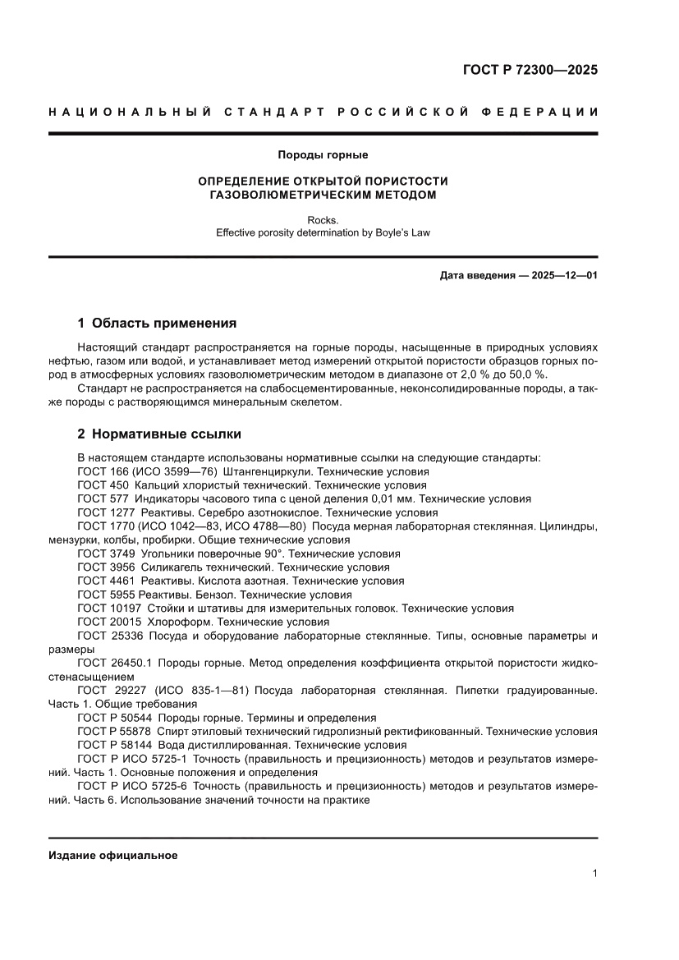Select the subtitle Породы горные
[323, 154]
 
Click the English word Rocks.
[323, 220]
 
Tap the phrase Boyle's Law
[401, 232]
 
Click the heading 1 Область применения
[157, 323]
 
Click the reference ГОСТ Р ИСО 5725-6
[133, 786]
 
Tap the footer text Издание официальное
[113, 855]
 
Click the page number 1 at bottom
[594, 874]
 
